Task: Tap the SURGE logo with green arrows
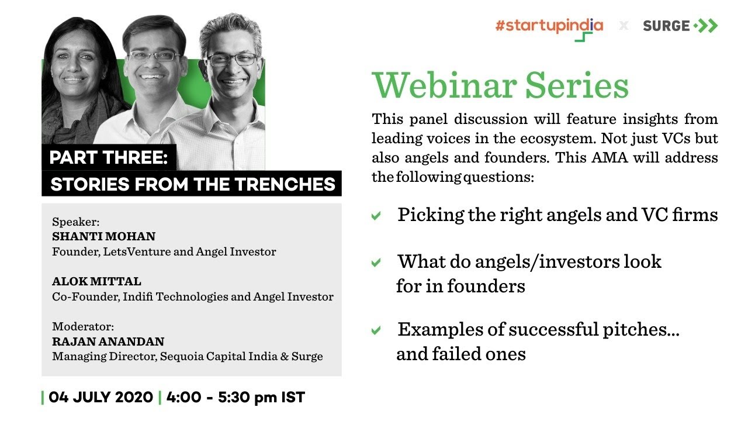click(680, 26)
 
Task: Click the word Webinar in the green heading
click(444, 85)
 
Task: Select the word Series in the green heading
click(577, 85)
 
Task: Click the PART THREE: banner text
click(109, 158)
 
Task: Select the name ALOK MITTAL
click(96, 282)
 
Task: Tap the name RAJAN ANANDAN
click(108, 341)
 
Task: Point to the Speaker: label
click(76, 222)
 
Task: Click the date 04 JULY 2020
click(101, 398)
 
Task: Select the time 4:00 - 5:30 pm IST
click(236, 398)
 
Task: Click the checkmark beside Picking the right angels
click(376, 216)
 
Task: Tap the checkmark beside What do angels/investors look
click(376, 263)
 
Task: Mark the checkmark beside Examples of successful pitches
click(376, 331)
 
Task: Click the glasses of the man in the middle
click(154, 56)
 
